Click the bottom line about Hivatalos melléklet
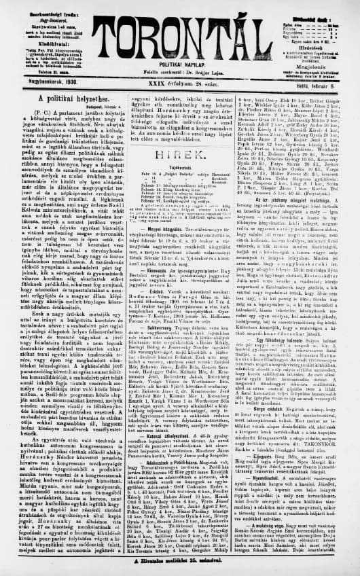[180, 562]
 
